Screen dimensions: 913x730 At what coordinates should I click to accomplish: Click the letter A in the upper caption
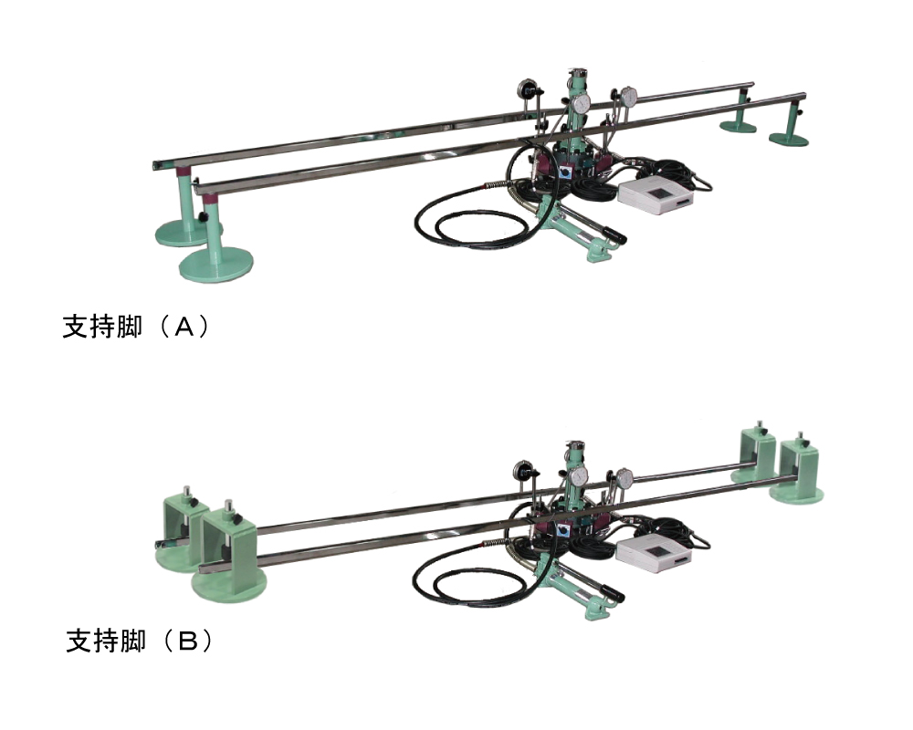[184, 328]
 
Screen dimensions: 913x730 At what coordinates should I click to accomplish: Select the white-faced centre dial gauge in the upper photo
[580, 104]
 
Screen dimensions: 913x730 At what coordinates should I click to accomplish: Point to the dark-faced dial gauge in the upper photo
[526, 90]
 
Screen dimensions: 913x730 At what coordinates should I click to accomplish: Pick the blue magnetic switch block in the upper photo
[565, 173]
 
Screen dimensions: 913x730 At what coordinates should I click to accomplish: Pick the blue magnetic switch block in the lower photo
[563, 530]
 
